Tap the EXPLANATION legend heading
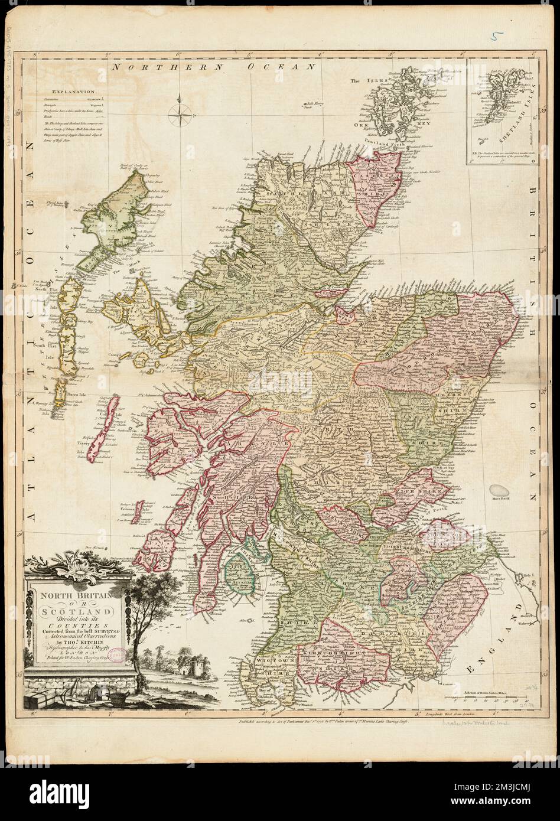pyautogui.click(x=72, y=92)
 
